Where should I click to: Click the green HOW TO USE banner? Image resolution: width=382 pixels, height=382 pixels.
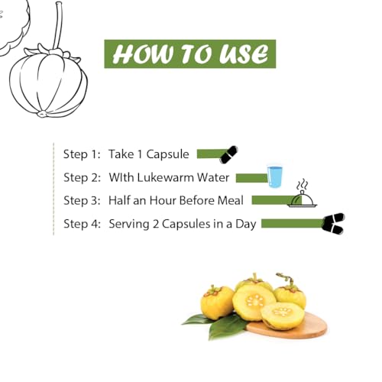(x=190, y=53)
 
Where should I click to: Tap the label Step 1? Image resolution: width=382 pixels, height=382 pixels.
(x=82, y=154)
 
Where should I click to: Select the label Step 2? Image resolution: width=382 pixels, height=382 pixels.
(x=82, y=177)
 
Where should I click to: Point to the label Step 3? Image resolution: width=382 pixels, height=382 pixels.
(x=82, y=200)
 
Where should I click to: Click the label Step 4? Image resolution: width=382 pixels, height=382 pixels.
(x=82, y=224)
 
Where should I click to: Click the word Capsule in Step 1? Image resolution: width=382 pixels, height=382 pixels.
(x=167, y=154)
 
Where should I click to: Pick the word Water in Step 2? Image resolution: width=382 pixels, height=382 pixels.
(x=213, y=177)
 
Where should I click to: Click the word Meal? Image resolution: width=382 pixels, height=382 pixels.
(x=231, y=200)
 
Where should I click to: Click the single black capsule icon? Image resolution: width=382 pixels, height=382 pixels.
(x=229, y=154)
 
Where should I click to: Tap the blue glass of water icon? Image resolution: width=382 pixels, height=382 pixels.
(x=274, y=176)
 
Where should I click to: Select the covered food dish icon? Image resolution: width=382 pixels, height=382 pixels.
(x=303, y=198)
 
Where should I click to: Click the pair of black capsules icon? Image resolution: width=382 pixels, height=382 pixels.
(x=333, y=224)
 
